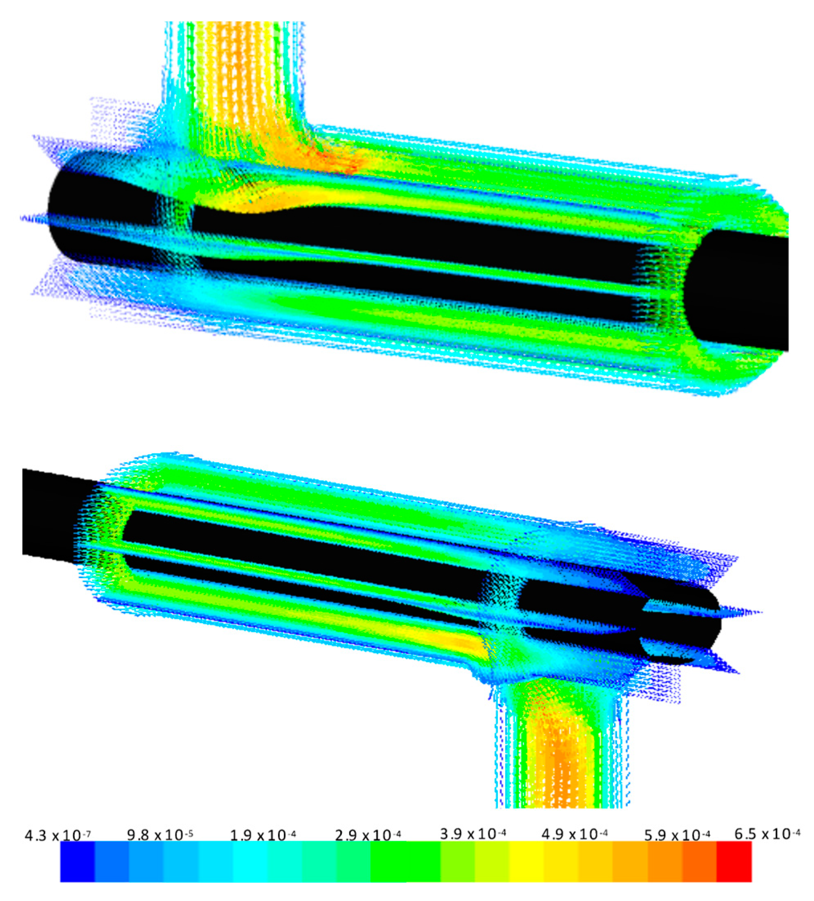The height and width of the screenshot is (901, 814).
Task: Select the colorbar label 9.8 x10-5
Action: (160, 834)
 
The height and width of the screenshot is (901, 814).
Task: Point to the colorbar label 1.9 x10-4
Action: (263, 834)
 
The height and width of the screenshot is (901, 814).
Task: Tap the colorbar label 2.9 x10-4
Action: (368, 834)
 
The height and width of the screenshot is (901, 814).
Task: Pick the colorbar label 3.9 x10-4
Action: (473, 834)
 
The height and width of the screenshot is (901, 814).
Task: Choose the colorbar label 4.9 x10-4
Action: (575, 834)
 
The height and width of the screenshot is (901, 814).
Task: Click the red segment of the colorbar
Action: (734, 862)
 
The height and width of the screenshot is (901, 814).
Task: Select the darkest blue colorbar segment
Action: (78, 862)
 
